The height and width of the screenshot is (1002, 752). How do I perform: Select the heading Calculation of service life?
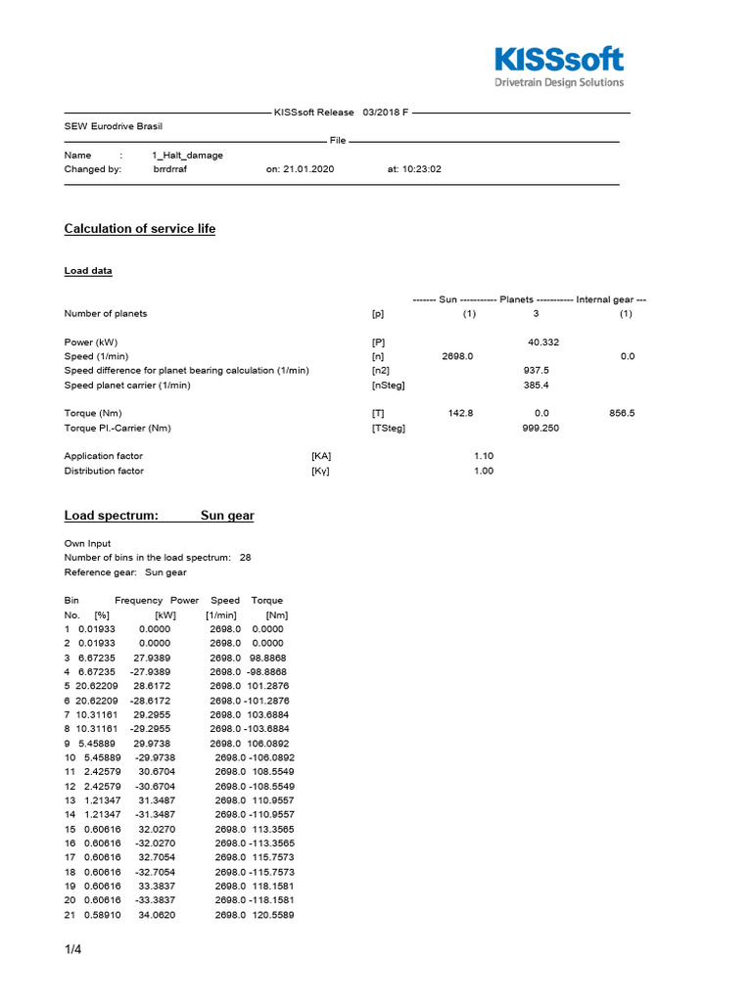click(x=139, y=229)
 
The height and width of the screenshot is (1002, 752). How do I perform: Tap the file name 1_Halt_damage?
click(x=187, y=156)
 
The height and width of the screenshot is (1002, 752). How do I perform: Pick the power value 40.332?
click(x=543, y=342)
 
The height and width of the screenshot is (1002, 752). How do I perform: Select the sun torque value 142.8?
click(x=460, y=414)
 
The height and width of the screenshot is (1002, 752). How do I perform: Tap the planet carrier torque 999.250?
click(x=541, y=429)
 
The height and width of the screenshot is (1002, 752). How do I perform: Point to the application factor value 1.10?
click(x=484, y=457)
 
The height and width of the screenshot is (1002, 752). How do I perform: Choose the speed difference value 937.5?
click(x=537, y=371)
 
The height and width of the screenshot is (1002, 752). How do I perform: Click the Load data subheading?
click(x=88, y=271)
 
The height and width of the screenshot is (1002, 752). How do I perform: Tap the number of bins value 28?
click(x=245, y=558)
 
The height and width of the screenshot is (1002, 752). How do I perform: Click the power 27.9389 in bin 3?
click(x=152, y=659)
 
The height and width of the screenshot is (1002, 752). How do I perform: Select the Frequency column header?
click(x=138, y=601)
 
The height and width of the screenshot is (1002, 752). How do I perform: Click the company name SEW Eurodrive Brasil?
click(x=114, y=127)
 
